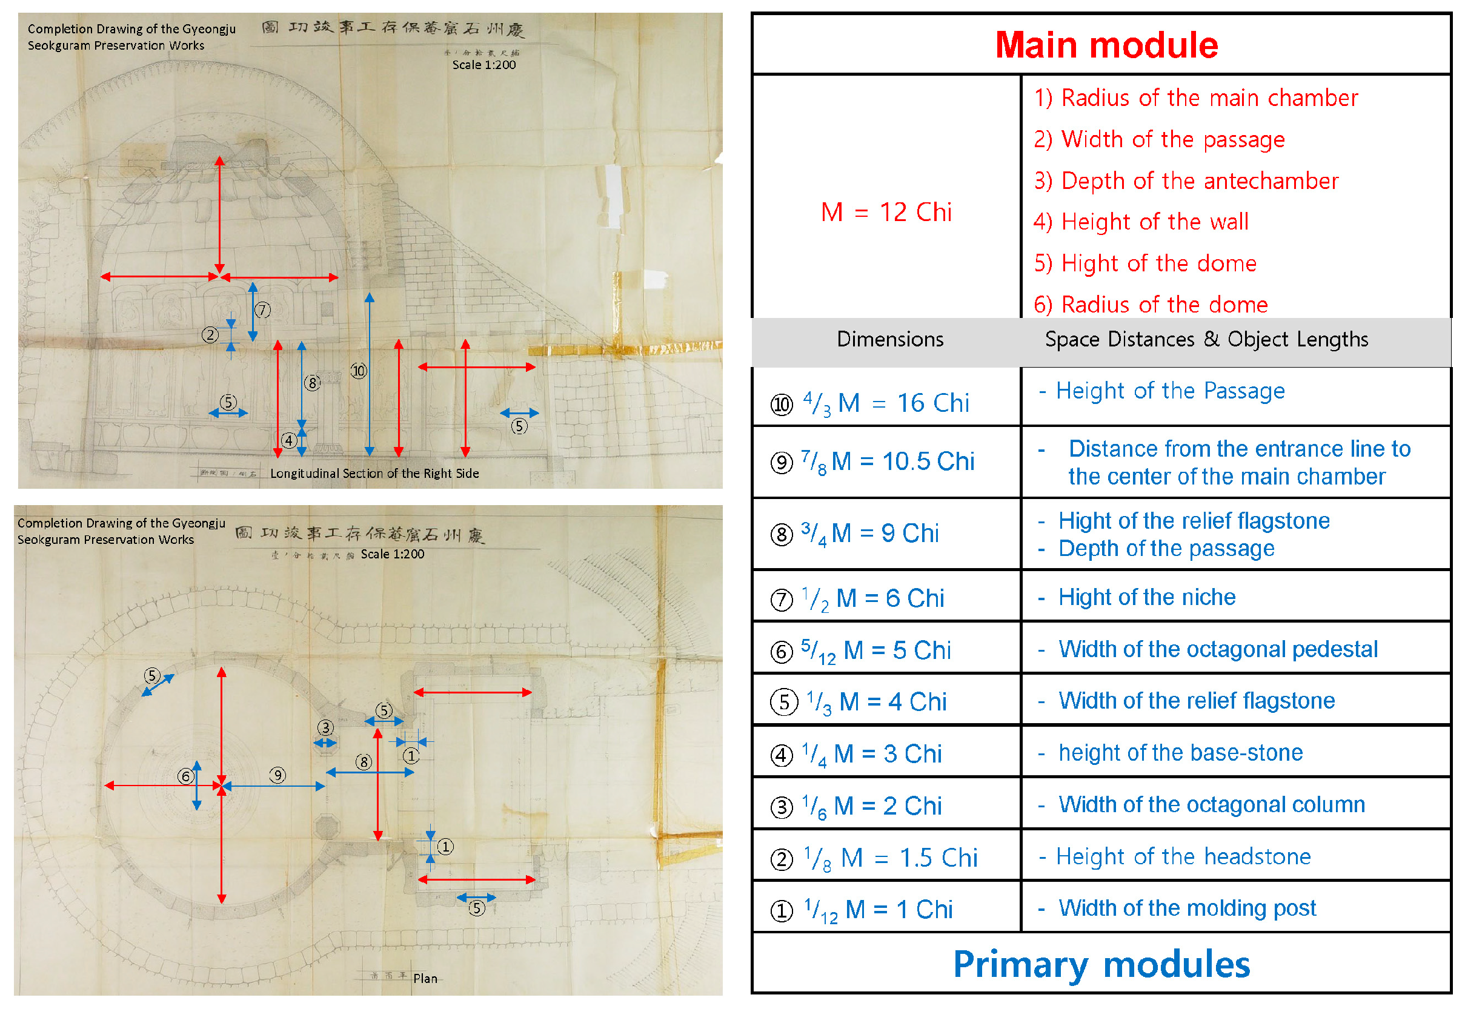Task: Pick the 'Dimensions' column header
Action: tap(889, 340)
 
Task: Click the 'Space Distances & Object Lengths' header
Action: tap(1206, 340)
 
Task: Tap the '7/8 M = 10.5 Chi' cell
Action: tap(887, 461)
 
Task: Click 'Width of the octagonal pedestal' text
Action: tap(1217, 649)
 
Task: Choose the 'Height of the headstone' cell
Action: tap(1183, 856)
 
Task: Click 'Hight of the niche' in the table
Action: tap(1146, 597)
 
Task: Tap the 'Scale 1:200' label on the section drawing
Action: tap(483, 64)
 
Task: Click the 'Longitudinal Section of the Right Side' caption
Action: tap(374, 474)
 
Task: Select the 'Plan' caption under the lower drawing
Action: tap(425, 979)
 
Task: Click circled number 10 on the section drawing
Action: tap(359, 371)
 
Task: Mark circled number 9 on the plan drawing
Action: tap(277, 776)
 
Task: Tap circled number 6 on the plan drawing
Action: tap(185, 776)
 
